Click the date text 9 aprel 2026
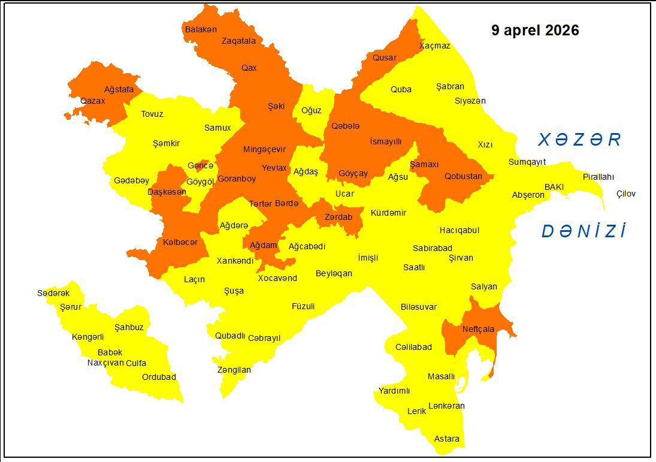[x=535, y=31]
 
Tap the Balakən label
[x=201, y=29]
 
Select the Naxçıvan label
[x=105, y=363]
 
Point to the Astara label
[x=447, y=439]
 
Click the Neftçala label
[x=479, y=329]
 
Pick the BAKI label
[x=554, y=187]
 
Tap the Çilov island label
[x=625, y=194]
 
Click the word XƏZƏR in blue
[x=579, y=140]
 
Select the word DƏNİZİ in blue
[x=584, y=232]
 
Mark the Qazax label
[x=92, y=101]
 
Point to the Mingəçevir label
[x=264, y=149]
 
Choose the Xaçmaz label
[x=434, y=46]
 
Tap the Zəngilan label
[x=234, y=370]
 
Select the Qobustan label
[x=463, y=176]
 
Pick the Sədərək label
[x=53, y=293]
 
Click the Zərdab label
[x=338, y=217]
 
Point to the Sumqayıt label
[x=527, y=162]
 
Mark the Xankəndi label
[x=235, y=261]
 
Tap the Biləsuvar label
[x=419, y=307]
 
